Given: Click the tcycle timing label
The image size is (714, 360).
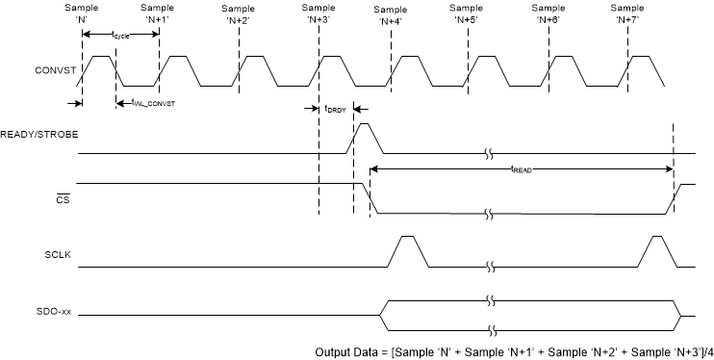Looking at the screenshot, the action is (120, 36).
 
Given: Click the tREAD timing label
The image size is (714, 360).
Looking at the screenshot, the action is (523, 169).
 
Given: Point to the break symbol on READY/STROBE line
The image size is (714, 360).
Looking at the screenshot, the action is (492, 153).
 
